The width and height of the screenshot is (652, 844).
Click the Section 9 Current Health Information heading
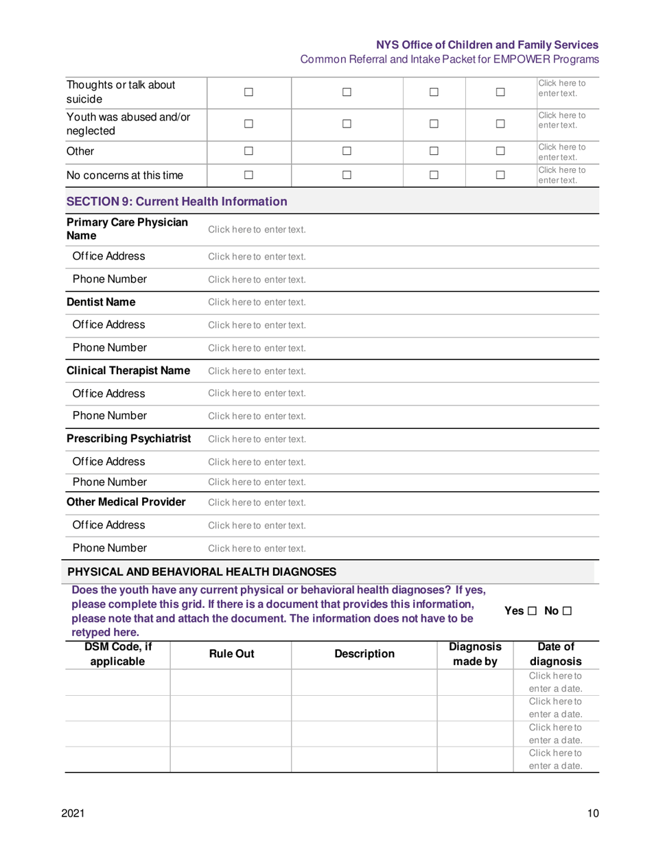176,202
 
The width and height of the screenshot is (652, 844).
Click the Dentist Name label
100,302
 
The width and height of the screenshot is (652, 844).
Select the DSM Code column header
117,655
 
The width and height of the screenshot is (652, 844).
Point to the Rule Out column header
231,655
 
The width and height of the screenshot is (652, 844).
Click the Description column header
364,655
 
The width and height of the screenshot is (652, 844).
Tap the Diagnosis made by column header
475,655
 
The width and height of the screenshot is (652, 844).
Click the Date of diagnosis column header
553,655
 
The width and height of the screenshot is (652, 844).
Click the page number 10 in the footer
593,814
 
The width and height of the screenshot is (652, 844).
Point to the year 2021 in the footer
73,814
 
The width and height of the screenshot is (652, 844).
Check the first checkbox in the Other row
249,152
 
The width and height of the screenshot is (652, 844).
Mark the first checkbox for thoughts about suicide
249,91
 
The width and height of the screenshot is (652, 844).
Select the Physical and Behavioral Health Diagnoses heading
202,571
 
